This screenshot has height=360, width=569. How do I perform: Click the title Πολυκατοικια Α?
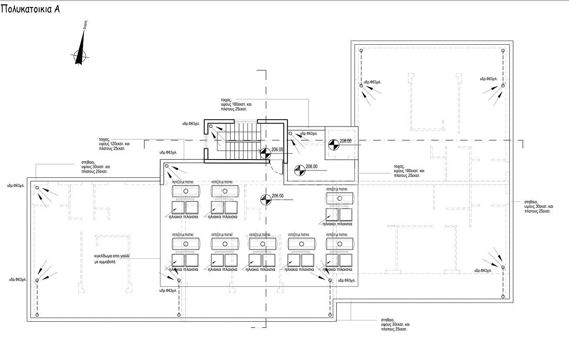30,10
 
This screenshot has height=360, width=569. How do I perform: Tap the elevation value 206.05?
277,149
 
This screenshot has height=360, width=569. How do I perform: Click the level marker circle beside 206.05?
265,153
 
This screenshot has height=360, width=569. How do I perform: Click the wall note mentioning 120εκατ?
112,144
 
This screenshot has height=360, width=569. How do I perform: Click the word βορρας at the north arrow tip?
86,24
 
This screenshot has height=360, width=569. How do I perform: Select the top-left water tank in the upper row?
186,191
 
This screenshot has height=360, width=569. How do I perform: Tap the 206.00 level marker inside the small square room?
334,145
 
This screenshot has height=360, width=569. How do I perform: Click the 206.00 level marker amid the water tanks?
265,200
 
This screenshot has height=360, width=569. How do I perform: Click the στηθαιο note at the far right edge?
538,206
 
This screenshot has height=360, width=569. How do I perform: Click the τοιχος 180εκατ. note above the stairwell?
236,105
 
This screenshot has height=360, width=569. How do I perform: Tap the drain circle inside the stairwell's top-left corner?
211,127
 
